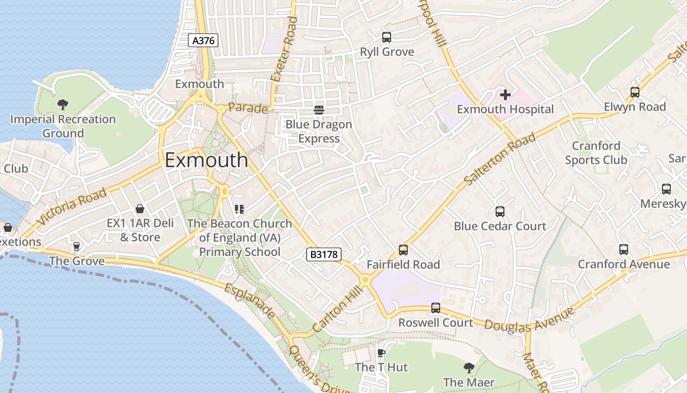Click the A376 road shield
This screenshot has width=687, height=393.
(203, 40)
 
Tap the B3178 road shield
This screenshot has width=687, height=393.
(324, 254)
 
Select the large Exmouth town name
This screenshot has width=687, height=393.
(207, 160)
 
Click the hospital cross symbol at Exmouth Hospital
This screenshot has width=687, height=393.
(505, 94)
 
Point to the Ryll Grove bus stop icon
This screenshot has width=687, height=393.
(387, 37)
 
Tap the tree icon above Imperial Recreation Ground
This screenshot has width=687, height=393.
(62, 104)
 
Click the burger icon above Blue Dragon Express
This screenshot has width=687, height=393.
(319, 110)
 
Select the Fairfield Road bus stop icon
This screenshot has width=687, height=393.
(403, 250)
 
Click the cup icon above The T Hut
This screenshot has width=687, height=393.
(381, 352)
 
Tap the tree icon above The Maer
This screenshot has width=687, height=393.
(469, 367)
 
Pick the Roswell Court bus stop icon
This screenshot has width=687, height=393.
(435, 308)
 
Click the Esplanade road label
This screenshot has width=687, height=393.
(250, 300)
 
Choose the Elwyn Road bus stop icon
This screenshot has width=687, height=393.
(635, 92)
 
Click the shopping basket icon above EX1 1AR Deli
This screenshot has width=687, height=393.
(140, 209)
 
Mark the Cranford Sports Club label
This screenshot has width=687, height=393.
(596, 153)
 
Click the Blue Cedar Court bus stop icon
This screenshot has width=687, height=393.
(500, 212)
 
